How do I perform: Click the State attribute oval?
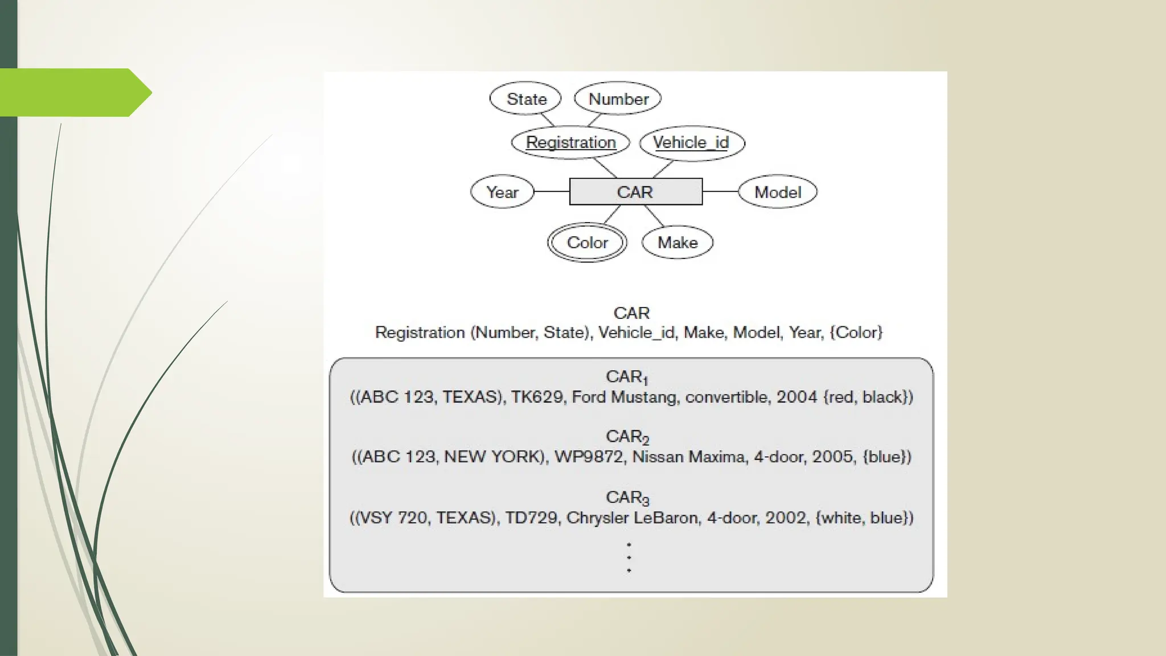[x=525, y=99]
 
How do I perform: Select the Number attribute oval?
[x=618, y=99]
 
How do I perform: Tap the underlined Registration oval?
[x=570, y=142]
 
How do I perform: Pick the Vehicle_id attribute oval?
[x=692, y=142]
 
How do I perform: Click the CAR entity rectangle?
[x=635, y=192]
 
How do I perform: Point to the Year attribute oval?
[x=502, y=192]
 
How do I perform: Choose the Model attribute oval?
[x=778, y=192]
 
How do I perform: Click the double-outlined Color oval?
[x=587, y=243]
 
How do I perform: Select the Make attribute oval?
[x=678, y=243]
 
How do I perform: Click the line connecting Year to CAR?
[x=552, y=191]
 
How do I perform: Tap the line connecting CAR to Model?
[x=720, y=191]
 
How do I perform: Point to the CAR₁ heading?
[x=627, y=377]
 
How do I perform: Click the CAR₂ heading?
[x=627, y=437]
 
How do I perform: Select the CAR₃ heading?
[x=627, y=498]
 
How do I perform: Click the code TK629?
[x=537, y=397]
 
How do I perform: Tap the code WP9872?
[x=589, y=457]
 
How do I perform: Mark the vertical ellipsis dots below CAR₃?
[x=629, y=557]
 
